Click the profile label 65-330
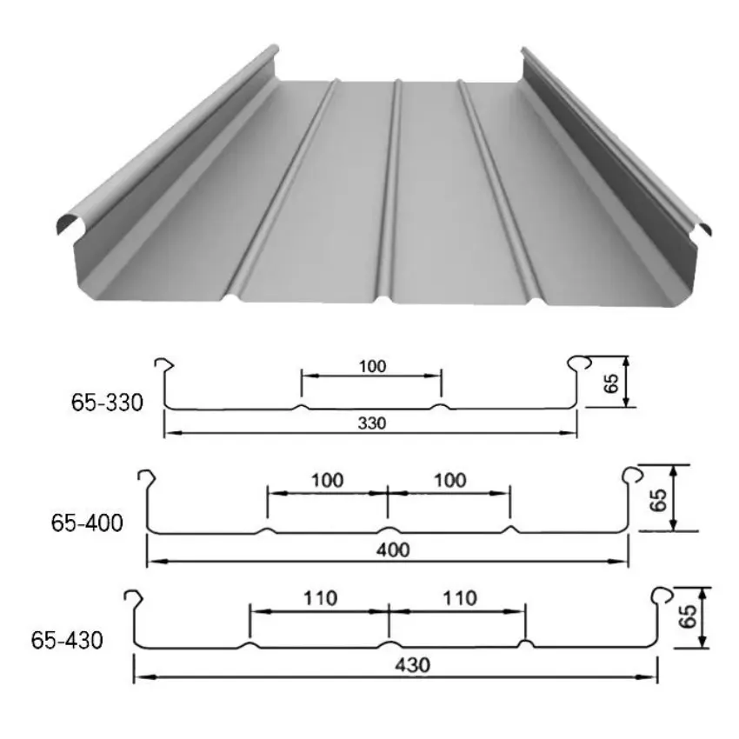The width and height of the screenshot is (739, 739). coord(107,403)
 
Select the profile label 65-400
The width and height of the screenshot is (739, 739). coord(87,523)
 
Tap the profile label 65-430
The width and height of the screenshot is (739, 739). coord(67,640)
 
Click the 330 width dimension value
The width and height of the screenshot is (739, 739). coord(372,423)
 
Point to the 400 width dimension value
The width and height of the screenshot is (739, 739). coord(393,549)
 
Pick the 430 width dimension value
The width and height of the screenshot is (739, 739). coord(412,665)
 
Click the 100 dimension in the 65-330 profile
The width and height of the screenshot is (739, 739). coord(372,366)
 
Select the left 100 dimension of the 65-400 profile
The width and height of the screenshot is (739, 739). coord(327,480)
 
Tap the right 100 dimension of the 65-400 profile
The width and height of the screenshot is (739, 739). coord(449,480)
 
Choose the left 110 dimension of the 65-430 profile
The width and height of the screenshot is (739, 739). coord(320,598)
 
